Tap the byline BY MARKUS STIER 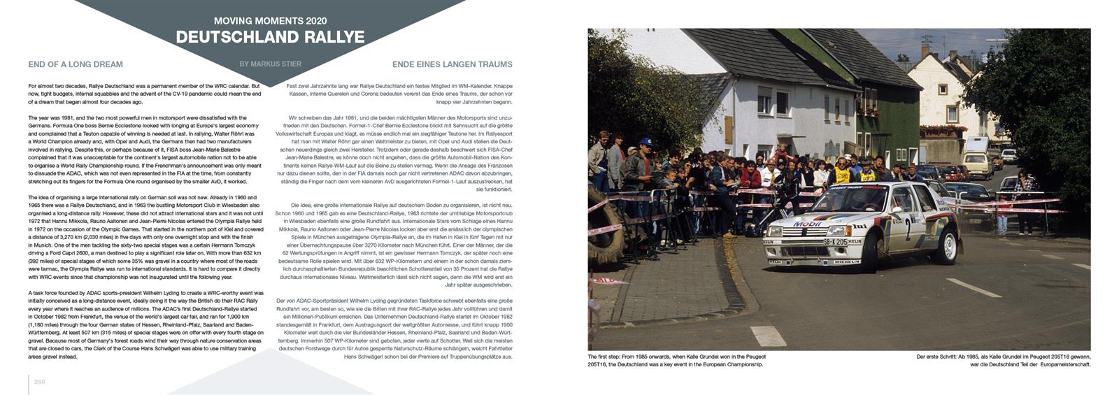click(x=270, y=64)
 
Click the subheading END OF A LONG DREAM click(x=76, y=64)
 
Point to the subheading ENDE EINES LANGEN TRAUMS click(x=452, y=64)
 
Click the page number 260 click(x=39, y=382)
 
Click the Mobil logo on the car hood click(x=807, y=224)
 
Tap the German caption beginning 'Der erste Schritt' click(x=1003, y=360)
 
